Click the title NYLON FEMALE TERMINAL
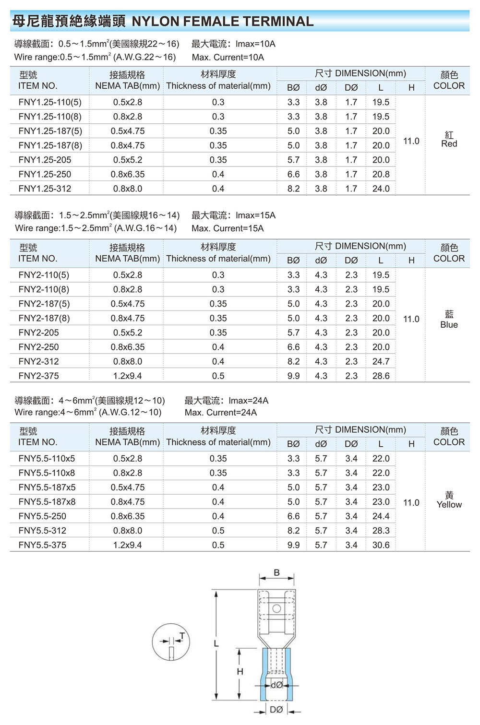(x=223, y=21)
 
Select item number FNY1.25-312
(x=45, y=189)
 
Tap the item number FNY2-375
(x=38, y=376)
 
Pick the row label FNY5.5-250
(x=42, y=516)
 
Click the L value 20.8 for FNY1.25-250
(x=381, y=174)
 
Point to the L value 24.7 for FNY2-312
(x=381, y=361)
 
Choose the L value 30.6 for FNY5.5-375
(x=381, y=545)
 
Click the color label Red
(x=449, y=144)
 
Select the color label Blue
(x=449, y=325)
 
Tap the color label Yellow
(x=449, y=505)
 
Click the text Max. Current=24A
(x=221, y=413)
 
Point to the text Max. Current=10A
(x=228, y=58)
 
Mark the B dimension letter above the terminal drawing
(x=276, y=572)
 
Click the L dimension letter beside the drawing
(x=216, y=644)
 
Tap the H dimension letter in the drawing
(x=240, y=672)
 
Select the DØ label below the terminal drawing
(x=276, y=710)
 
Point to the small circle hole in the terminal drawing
(x=276, y=609)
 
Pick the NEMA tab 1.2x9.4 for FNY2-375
(x=127, y=376)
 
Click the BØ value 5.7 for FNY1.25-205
(x=293, y=160)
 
